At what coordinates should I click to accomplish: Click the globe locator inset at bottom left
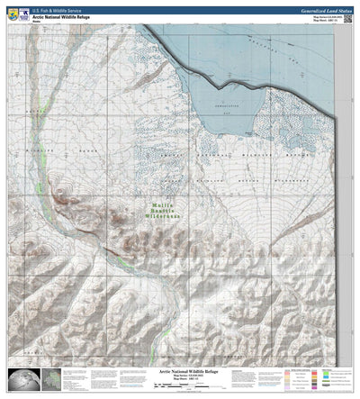pos(21,379)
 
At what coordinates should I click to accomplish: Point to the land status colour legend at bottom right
pos(328,378)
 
